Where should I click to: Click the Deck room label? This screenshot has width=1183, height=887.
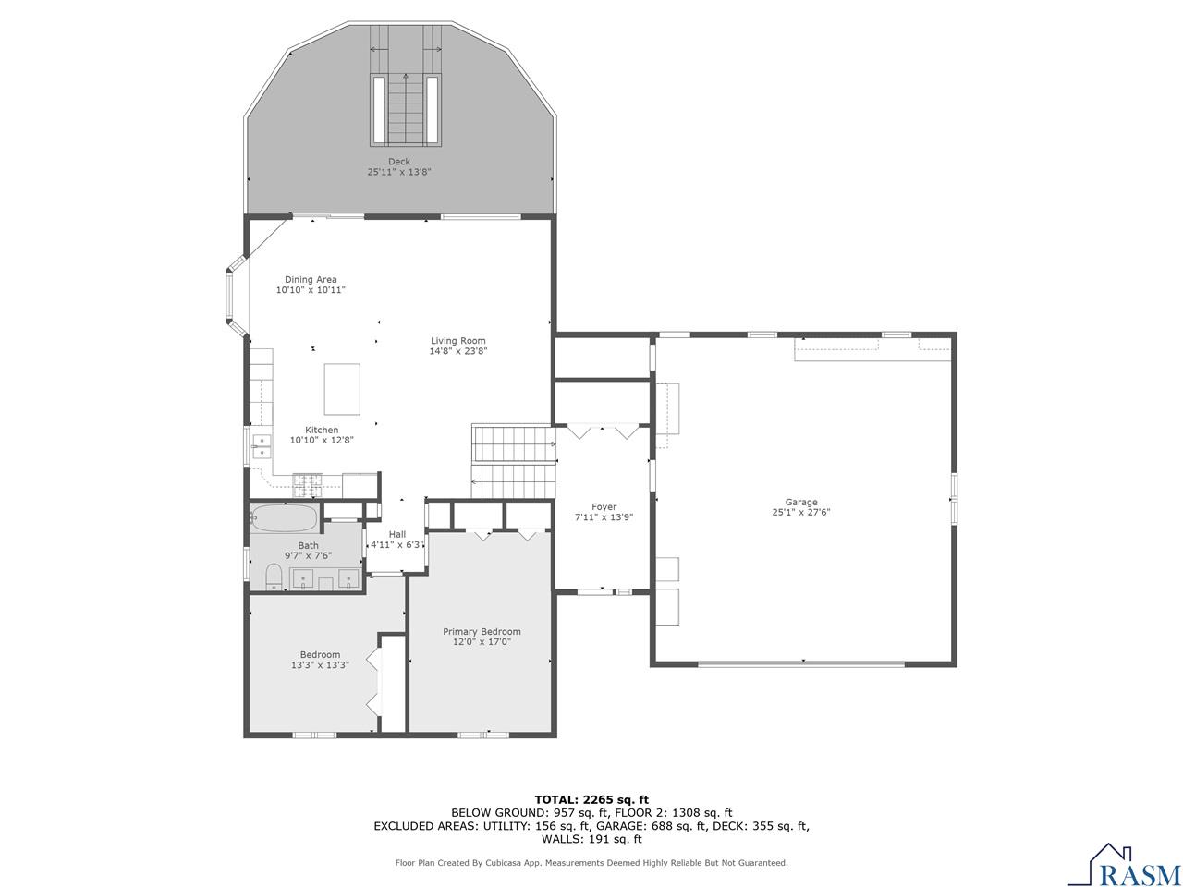pos(399,162)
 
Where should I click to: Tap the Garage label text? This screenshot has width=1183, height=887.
pos(801,502)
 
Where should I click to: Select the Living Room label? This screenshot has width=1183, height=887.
pos(457,341)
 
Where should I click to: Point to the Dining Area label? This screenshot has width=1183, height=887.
pos(311,279)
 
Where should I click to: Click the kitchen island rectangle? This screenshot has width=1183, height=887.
pos(342,389)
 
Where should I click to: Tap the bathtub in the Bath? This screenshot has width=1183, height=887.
pos(284,518)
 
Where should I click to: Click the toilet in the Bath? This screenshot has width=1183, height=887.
pos(274,577)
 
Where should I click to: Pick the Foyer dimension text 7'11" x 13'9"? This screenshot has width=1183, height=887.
pos(604,517)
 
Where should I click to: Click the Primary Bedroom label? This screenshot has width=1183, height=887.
pos(482,632)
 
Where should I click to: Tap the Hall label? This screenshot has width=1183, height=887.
pos(397,534)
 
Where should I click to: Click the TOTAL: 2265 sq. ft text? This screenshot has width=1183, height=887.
pos(591,799)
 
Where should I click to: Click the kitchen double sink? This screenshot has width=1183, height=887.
pos(262,446)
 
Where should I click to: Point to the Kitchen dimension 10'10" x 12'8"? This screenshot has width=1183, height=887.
pos(322,440)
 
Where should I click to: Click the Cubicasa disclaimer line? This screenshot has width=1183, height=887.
pos(591,863)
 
